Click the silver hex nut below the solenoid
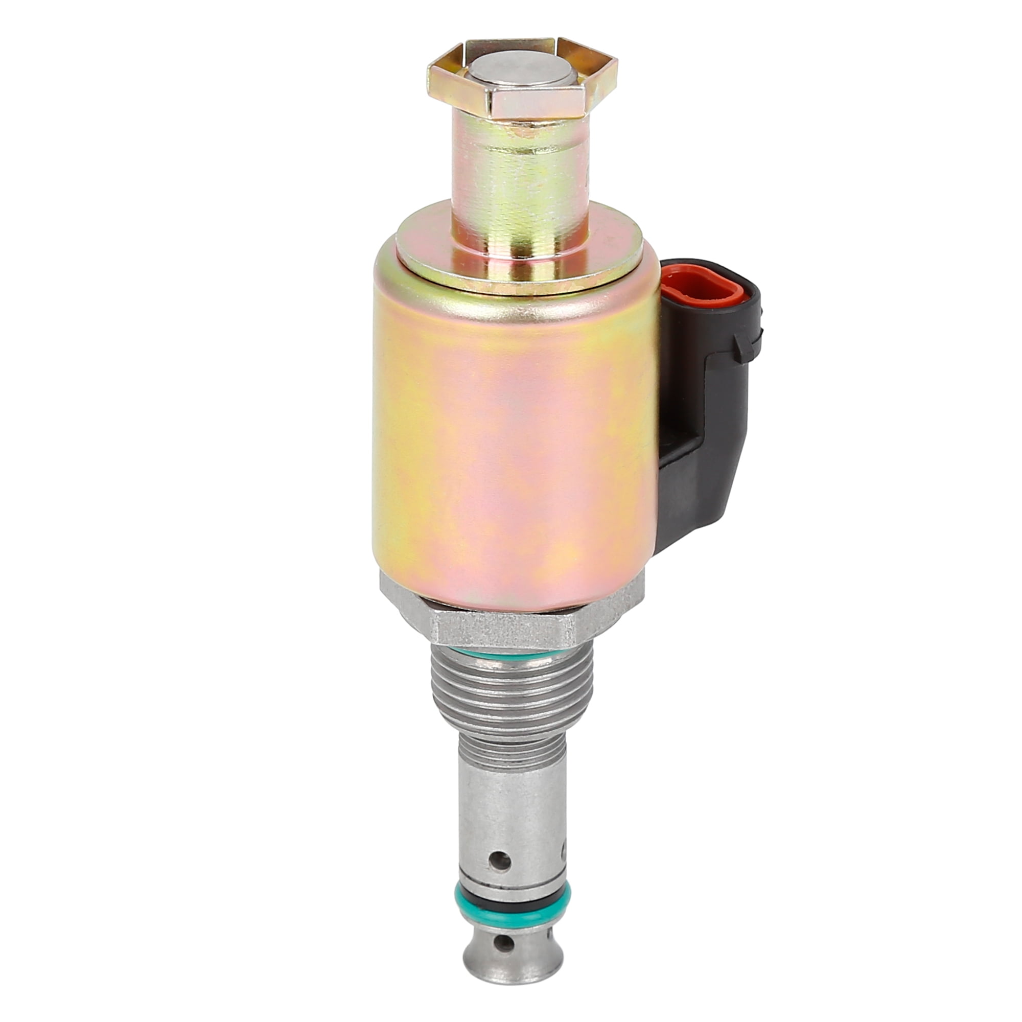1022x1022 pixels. (x=502, y=630)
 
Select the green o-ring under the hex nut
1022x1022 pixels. (x=510, y=656)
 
